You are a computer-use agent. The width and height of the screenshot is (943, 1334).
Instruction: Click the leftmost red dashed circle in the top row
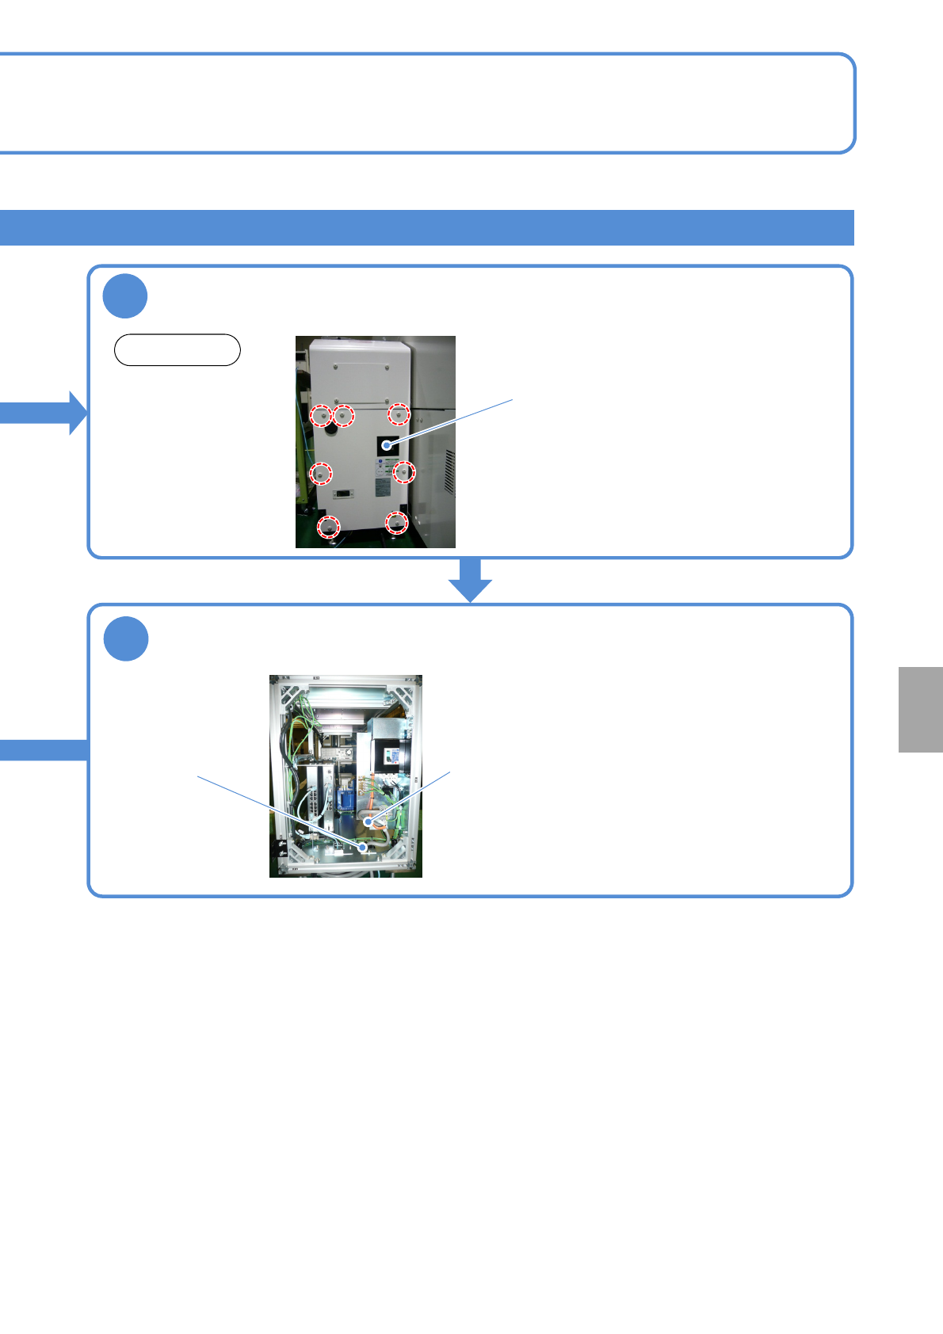(x=320, y=415)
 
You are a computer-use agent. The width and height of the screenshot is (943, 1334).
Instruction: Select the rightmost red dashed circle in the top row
(x=399, y=414)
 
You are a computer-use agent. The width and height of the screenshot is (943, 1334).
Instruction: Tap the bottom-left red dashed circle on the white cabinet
(x=328, y=526)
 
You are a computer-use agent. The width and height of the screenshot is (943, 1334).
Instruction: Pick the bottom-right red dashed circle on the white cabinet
(x=396, y=523)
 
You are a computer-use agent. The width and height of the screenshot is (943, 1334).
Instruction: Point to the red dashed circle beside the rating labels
(x=404, y=472)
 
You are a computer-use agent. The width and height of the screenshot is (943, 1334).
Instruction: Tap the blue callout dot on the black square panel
(x=386, y=445)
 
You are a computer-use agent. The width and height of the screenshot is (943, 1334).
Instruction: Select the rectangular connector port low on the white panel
(x=344, y=494)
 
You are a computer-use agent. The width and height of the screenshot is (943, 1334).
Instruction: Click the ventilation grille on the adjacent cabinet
(x=449, y=473)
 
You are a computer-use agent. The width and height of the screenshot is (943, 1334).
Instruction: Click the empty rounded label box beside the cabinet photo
(x=178, y=349)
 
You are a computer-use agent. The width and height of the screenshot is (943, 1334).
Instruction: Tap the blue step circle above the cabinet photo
(x=125, y=296)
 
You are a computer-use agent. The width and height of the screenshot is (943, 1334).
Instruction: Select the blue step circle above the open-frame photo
(x=126, y=638)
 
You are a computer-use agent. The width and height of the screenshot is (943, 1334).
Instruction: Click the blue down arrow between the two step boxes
(x=471, y=580)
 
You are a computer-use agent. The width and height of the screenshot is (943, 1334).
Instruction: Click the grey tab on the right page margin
(x=921, y=709)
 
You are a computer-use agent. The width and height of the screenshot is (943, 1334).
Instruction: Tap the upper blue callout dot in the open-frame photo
(x=368, y=823)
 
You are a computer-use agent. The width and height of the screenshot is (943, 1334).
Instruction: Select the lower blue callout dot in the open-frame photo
(x=364, y=848)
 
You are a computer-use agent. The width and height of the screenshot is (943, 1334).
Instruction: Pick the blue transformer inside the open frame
(x=346, y=796)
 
